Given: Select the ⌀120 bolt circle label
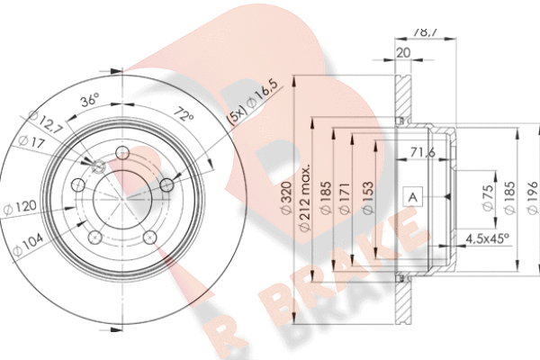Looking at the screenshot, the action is click(x=24, y=208).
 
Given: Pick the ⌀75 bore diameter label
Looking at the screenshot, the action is click(x=486, y=196).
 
